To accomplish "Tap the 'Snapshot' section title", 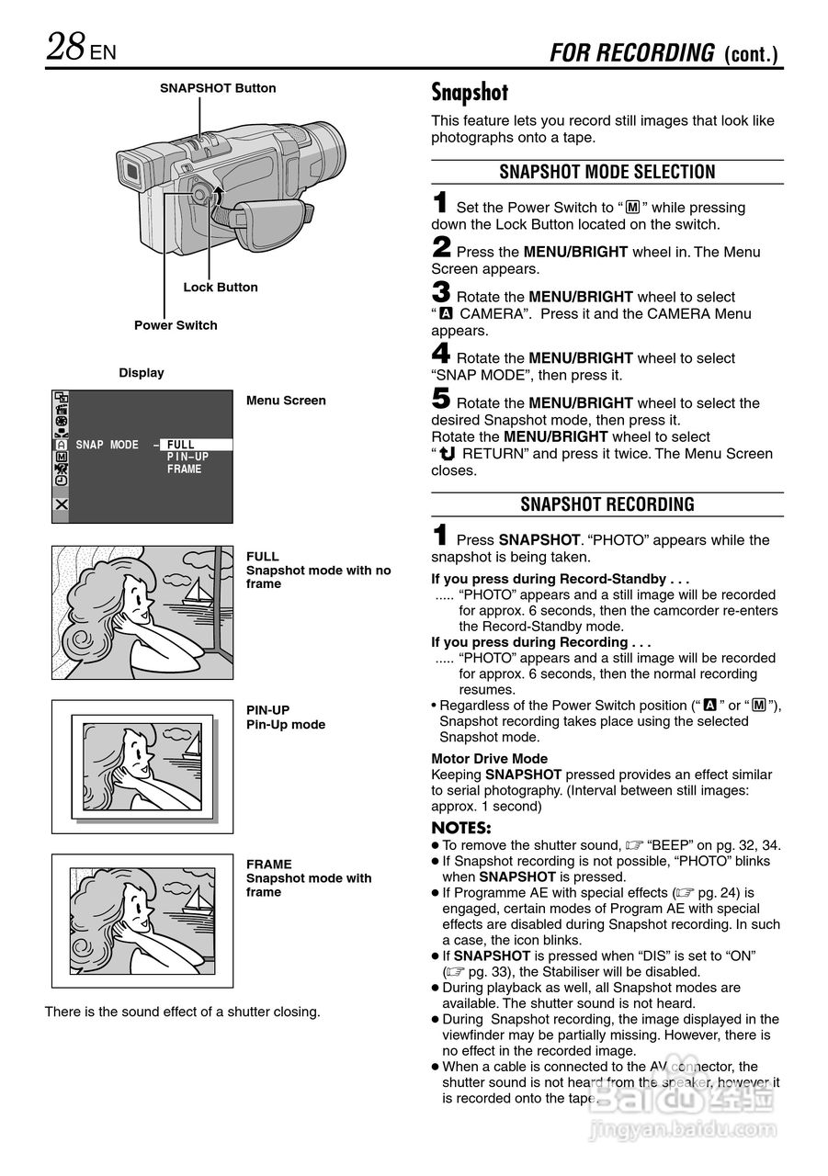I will click(470, 93).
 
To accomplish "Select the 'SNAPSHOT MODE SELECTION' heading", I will click(607, 173).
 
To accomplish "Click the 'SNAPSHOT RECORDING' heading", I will click(607, 504).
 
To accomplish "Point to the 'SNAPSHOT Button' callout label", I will click(218, 89).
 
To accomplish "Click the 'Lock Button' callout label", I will click(221, 288).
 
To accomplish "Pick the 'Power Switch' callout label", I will click(176, 325).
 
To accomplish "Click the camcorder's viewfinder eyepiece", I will click(129, 171).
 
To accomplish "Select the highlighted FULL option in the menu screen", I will click(182, 445).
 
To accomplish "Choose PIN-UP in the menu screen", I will click(187, 457).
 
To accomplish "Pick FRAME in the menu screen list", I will click(184, 469).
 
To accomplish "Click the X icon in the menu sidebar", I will click(61, 504).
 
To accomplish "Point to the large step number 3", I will click(441, 293).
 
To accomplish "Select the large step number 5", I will click(441, 399).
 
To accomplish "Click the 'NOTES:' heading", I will click(461, 828).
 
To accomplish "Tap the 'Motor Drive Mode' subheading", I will click(489, 759).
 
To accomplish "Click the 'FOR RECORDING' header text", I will click(632, 53).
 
